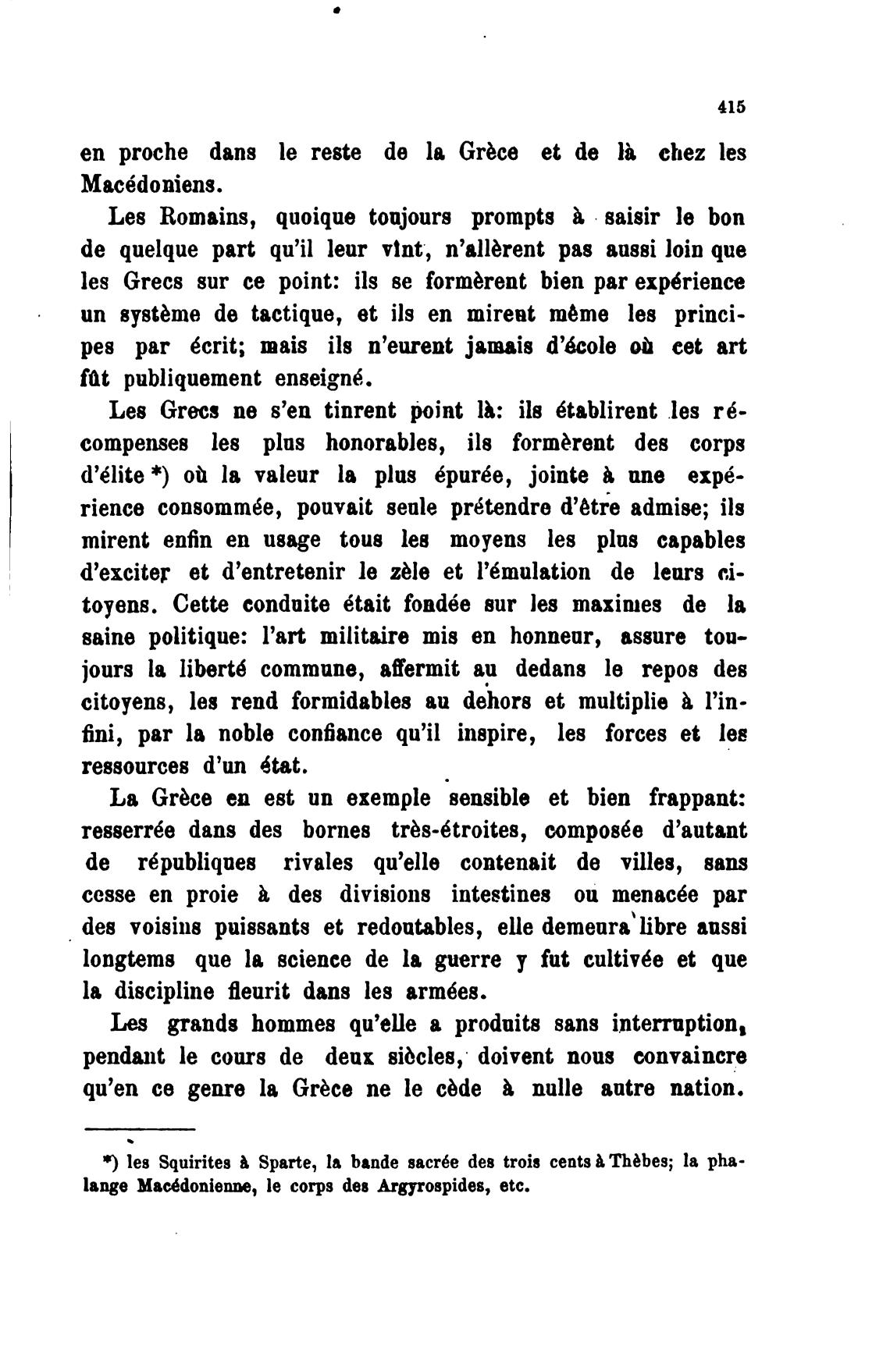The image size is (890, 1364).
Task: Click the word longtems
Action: point(128,960)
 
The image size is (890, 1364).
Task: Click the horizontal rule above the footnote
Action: point(138,1128)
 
